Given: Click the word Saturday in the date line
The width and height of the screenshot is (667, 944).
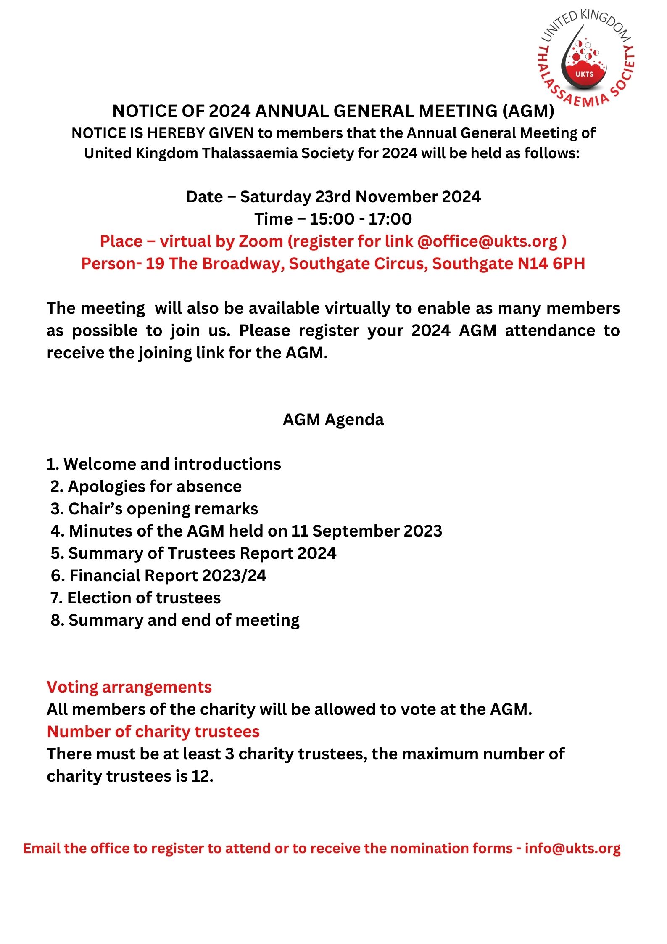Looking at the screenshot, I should [x=275, y=197].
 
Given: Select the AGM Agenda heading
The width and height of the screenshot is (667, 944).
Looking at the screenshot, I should [x=333, y=420].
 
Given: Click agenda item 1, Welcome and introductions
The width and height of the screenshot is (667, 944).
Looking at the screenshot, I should [x=164, y=464].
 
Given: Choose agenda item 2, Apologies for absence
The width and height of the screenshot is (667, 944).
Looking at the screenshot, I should [x=146, y=487].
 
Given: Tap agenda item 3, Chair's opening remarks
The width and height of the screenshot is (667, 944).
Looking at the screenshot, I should [x=154, y=509].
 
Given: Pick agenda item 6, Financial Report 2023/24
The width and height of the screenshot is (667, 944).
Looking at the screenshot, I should [x=159, y=576].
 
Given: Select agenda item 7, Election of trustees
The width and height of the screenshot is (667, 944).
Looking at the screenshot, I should [x=136, y=598].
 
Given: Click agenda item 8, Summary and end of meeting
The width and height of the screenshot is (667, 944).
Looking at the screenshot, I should [x=175, y=620].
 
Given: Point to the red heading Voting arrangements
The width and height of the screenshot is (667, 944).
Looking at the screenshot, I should [x=129, y=687].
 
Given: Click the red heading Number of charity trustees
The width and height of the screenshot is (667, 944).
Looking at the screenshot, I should [x=153, y=732].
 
